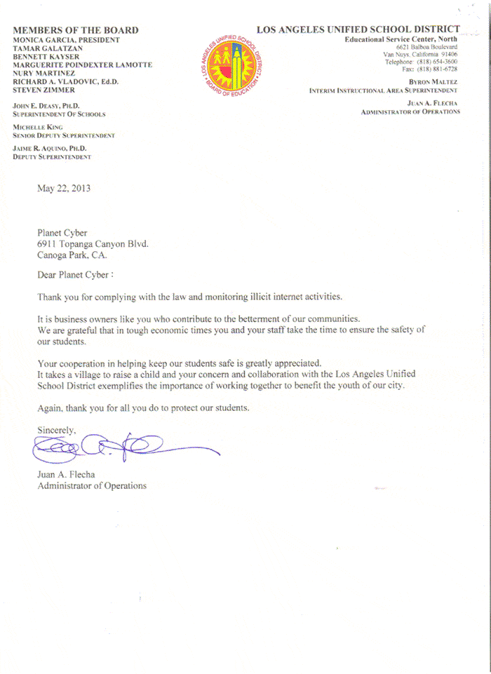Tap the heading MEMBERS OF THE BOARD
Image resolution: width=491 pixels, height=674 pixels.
click(x=75, y=30)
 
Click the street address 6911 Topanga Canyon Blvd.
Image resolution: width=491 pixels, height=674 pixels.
click(x=93, y=243)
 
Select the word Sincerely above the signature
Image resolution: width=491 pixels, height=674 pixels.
click(x=57, y=429)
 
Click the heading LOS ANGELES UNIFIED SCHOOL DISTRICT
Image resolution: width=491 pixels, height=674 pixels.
click(x=358, y=29)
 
